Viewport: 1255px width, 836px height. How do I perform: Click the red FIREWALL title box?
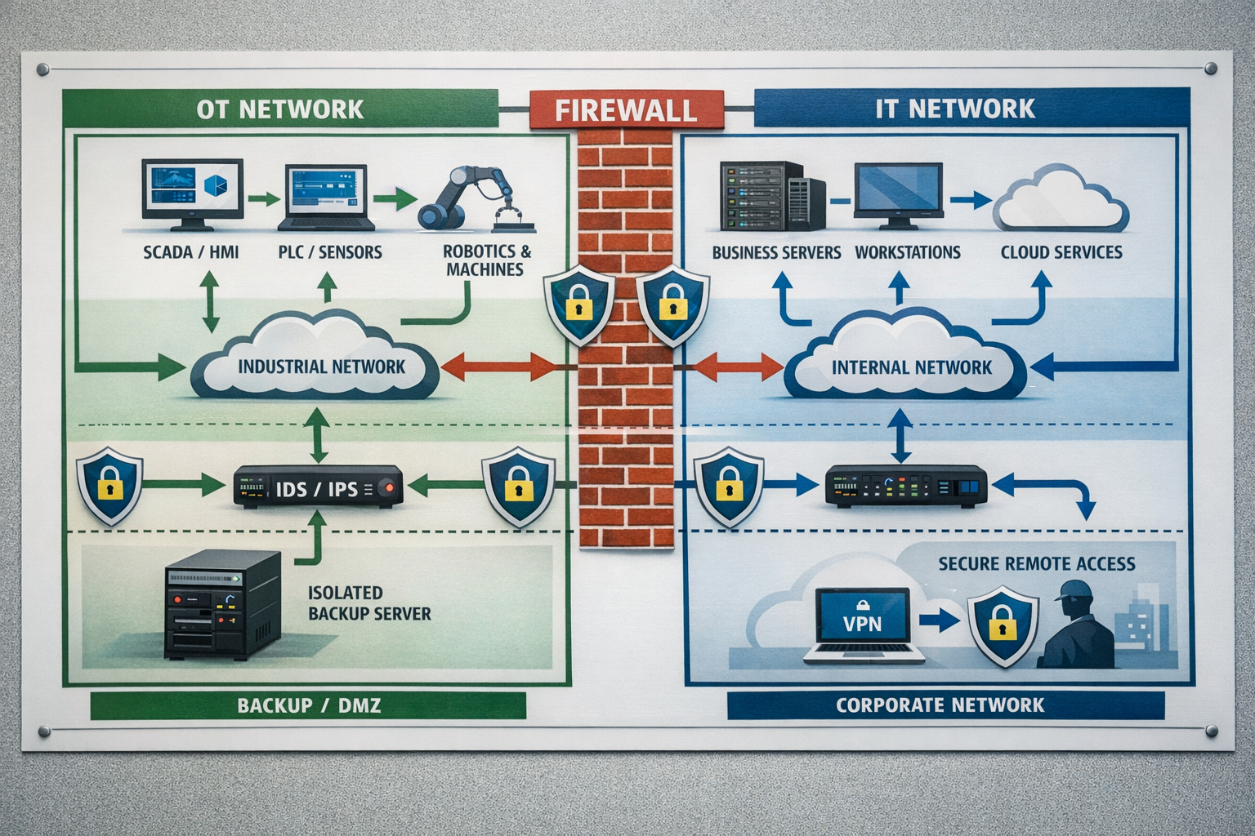pyautogui.click(x=627, y=109)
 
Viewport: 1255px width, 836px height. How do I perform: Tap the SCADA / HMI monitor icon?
pyautogui.click(x=192, y=190)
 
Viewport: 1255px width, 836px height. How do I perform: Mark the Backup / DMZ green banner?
pyautogui.click(x=308, y=705)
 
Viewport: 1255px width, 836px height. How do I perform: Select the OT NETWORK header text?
pyautogui.click(x=279, y=109)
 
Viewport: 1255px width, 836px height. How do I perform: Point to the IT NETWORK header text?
pyautogui.click(x=954, y=109)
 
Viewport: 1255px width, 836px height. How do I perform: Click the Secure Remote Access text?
pyautogui.click(x=1036, y=563)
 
